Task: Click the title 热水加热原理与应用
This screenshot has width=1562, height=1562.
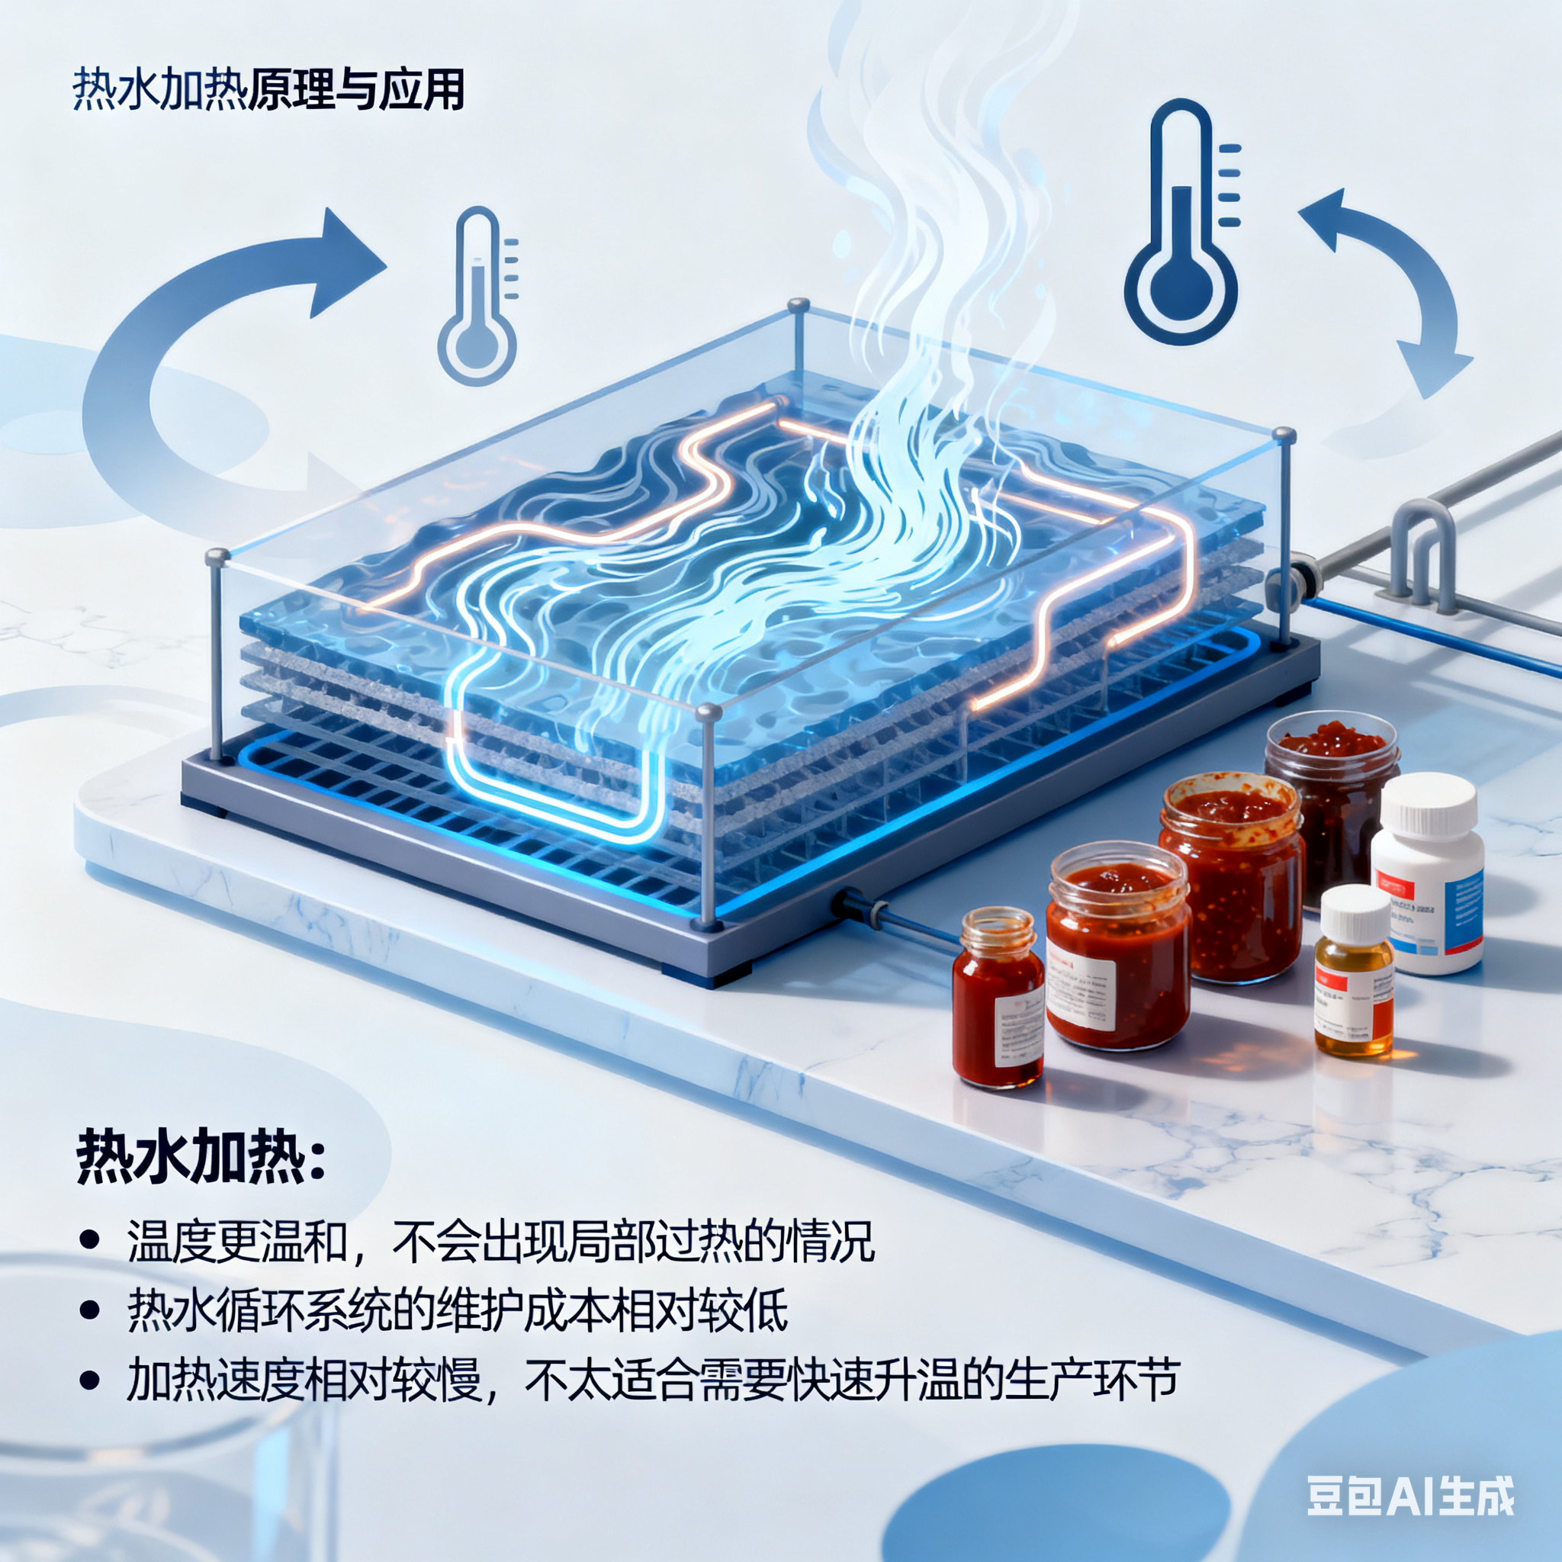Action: pos(268,89)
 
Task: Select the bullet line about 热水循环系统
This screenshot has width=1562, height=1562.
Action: pos(457,1310)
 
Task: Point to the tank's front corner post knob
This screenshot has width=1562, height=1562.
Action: pos(709,712)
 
